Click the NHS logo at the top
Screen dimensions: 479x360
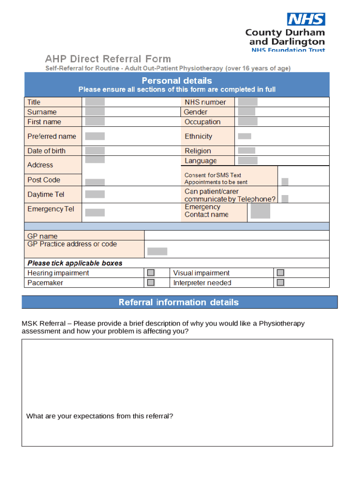coord(306,19)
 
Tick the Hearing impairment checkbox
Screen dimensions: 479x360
coord(151,273)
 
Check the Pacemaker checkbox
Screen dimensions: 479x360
coord(151,283)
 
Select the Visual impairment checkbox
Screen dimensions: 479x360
coord(280,273)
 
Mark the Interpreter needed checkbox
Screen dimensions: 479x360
coord(280,283)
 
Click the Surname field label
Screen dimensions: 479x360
coord(42,112)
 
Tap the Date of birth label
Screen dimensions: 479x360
coord(46,151)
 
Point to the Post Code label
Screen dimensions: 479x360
coord(43,180)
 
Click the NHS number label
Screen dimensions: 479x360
coord(205,102)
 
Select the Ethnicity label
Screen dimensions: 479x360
coord(198,136)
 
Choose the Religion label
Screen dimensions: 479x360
coord(198,151)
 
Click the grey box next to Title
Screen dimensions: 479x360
coord(95,102)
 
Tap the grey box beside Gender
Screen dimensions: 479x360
coord(246,112)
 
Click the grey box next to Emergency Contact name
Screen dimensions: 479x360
coord(260,211)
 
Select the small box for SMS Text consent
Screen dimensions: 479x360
coord(285,181)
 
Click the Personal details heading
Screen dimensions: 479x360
coord(177,80)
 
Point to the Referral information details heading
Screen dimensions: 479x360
coord(179,302)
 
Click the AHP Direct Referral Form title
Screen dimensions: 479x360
coord(108,59)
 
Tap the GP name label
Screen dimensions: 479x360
coord(43,236)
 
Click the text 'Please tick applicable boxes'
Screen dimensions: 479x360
coord(75,263)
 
